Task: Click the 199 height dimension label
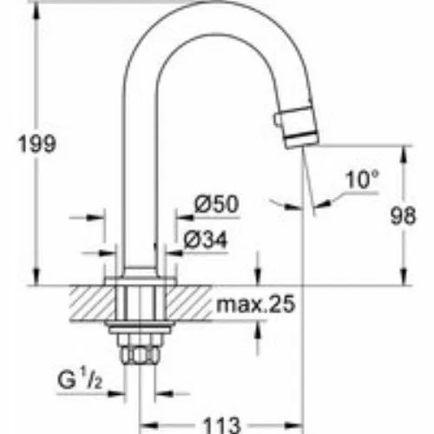click(x=37, y=144)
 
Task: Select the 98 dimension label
click(x=403, y=215)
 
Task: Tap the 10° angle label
click(x=362, y=180)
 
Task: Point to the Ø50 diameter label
click(x=217, y=204)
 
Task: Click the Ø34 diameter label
click(x=206, y=240)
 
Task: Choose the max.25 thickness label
click(x=256, y=304)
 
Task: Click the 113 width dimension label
click(x=222, y=425)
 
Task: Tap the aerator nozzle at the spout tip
click(x=301, y=128)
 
